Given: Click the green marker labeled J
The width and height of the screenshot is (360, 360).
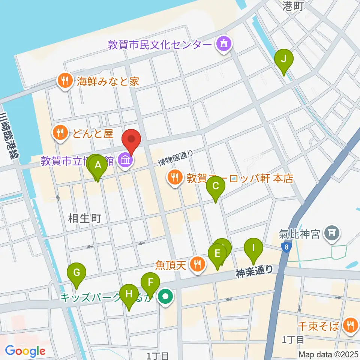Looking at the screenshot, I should point(284,59).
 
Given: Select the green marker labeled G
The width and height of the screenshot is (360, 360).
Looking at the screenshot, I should point(76,273).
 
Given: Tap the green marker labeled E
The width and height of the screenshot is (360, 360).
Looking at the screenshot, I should point(217,253).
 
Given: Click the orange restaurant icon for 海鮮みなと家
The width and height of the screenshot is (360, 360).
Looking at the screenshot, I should point(65,81).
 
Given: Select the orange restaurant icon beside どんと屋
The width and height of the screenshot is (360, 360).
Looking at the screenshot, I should point(60,133).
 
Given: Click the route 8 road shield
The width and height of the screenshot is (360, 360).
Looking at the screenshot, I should point(287,247).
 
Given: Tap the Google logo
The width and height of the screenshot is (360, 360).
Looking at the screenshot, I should point(25,351).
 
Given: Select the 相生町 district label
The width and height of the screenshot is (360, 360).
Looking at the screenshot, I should point(85,218).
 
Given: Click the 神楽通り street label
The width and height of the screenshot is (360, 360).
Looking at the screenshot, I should point(255,272).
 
